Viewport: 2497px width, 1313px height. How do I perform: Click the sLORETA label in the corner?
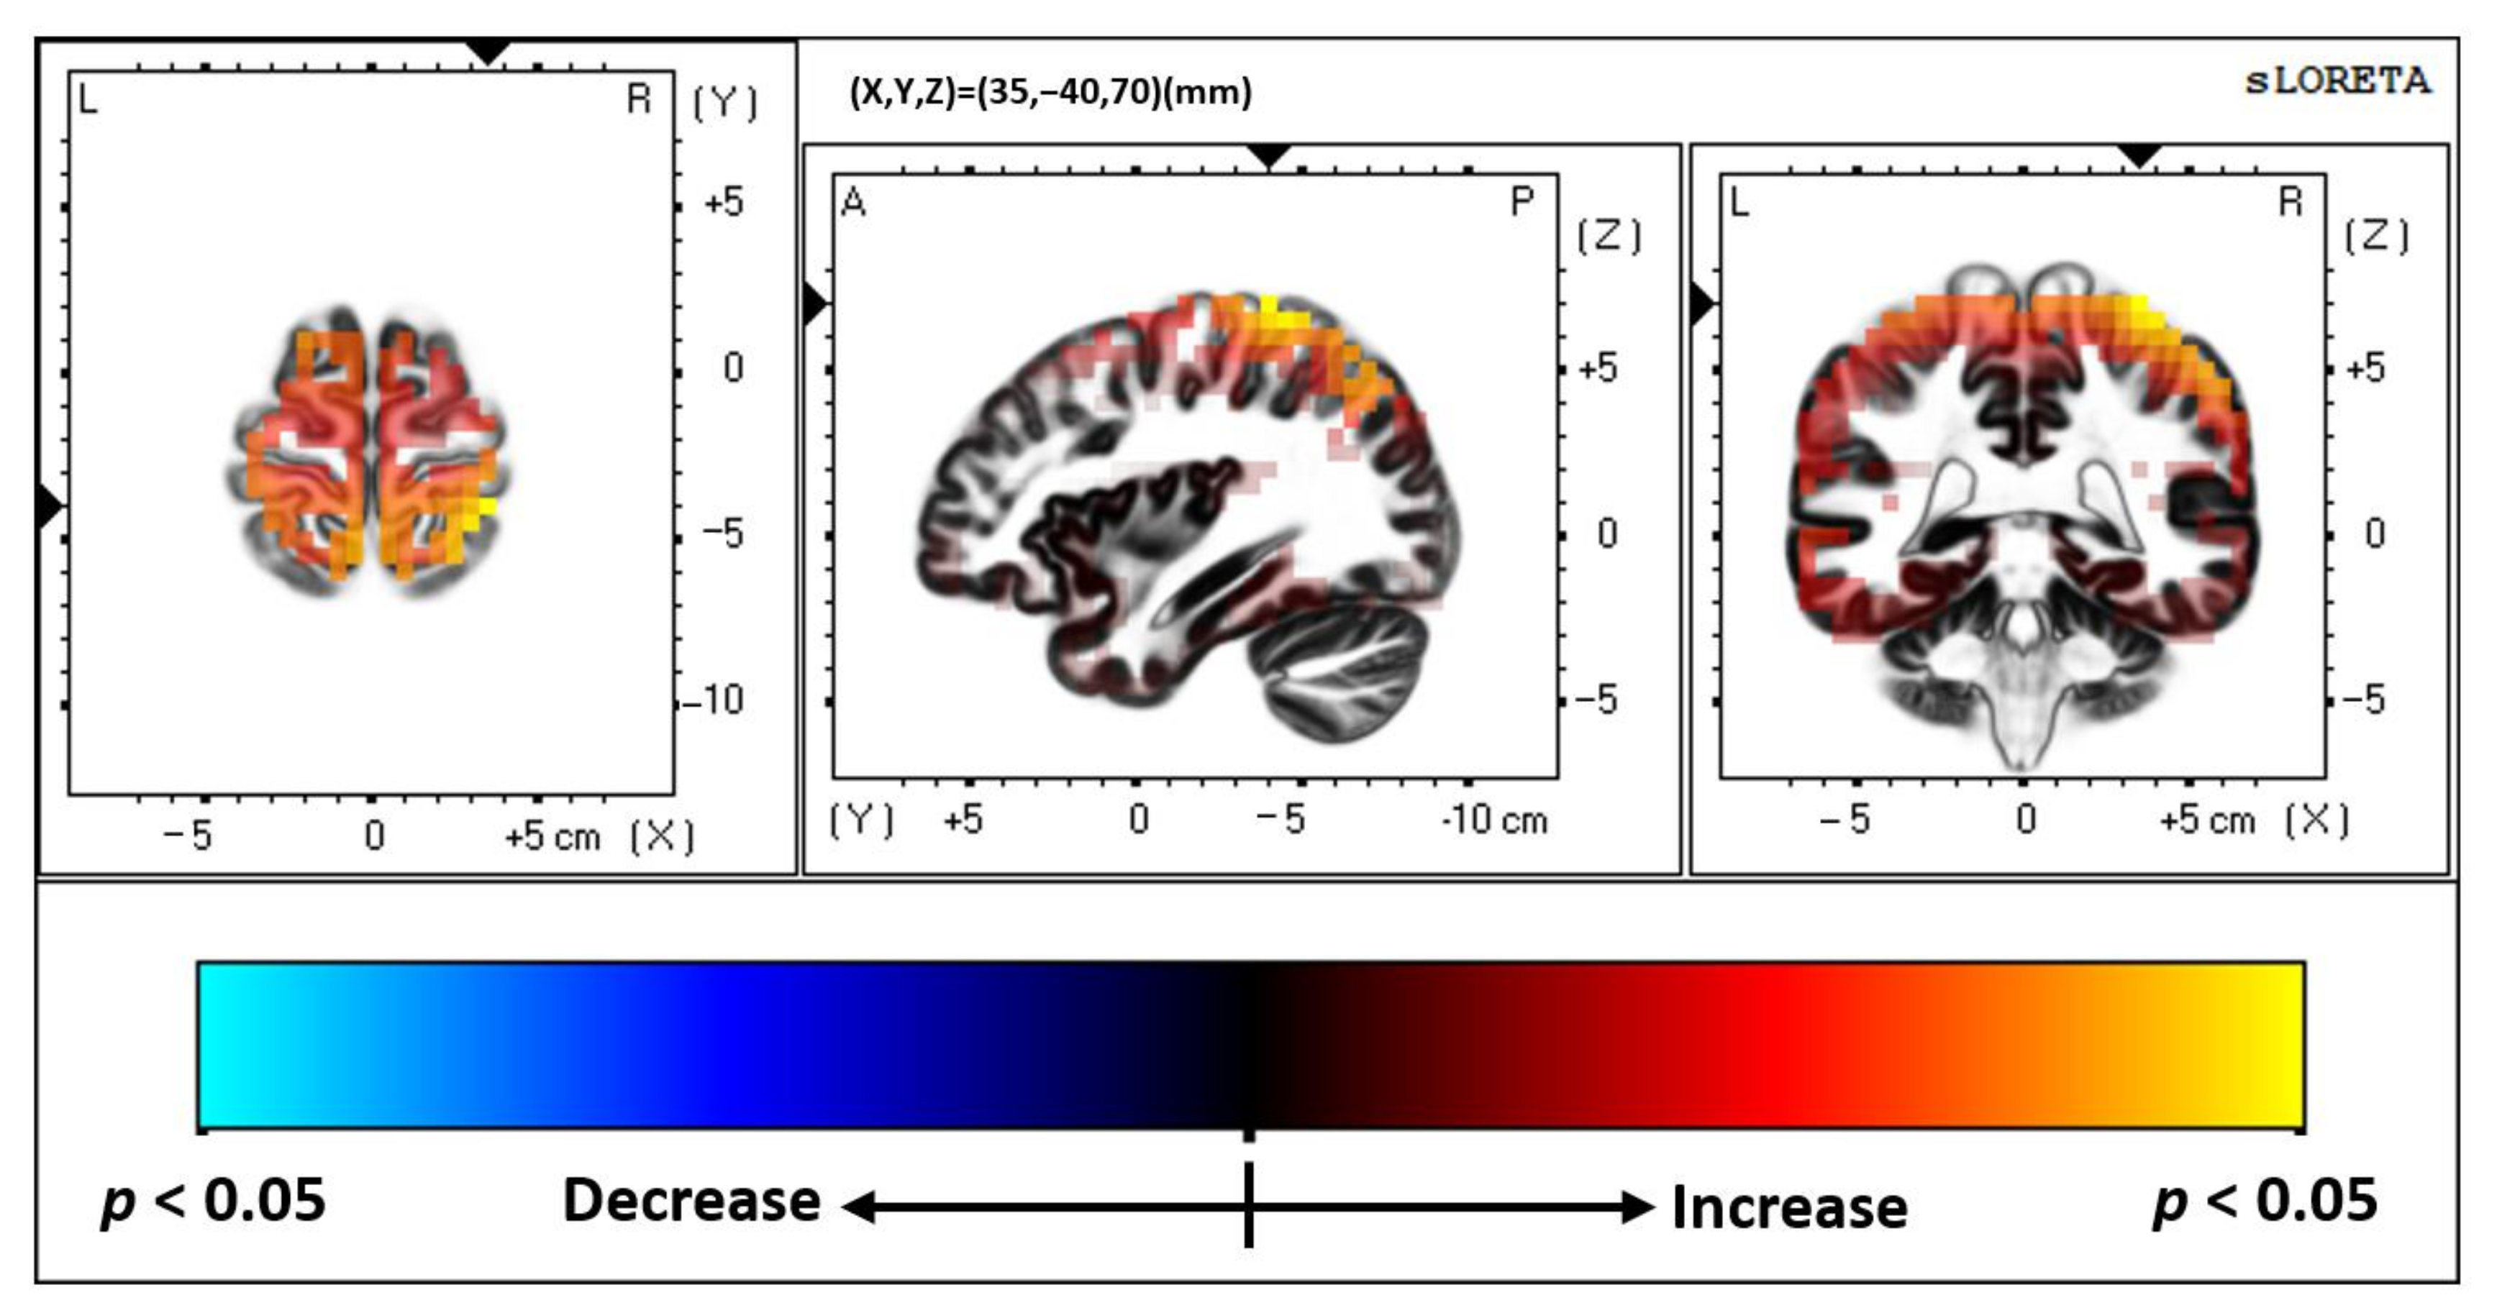pyautogui.click(x=2337, y=81)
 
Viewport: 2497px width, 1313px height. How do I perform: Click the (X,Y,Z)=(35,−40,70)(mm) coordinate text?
pyautogui.click(x=1050, y=92)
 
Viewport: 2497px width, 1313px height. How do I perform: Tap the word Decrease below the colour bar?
pyautogui.click(x=691, y=1202)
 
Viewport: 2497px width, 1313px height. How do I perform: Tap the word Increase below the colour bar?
pyautogui.click(x=1789, y=1207)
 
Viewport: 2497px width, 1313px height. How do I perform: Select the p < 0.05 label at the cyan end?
pyautogui.click(x=213, y=1202)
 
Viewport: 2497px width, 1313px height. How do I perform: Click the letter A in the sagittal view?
pyautogui.click(x=854, y=203)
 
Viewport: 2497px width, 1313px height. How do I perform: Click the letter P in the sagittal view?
pyautogui.click(x=1522, y=201)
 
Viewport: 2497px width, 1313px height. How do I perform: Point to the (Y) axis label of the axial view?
pyautogui.click(x=725, y=103)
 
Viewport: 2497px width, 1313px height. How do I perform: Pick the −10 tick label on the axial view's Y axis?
pyautogui.click(x=714, y=700)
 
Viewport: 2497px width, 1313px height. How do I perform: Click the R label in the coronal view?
pyautogui.click(x=2290, y=203)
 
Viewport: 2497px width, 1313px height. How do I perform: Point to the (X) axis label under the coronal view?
pyautogui.click(x=2316, y=820)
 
